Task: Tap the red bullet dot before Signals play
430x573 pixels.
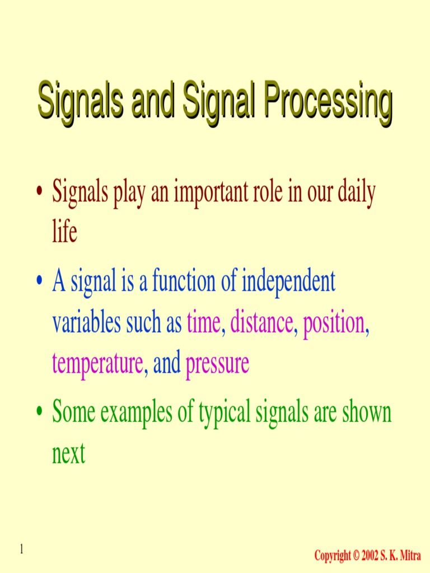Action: [x=39, y=193]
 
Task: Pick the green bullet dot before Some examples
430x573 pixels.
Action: [x=39, y=414]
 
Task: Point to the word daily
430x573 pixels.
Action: [x=354, y=194]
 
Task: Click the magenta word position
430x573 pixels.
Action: [x=334, y=325]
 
